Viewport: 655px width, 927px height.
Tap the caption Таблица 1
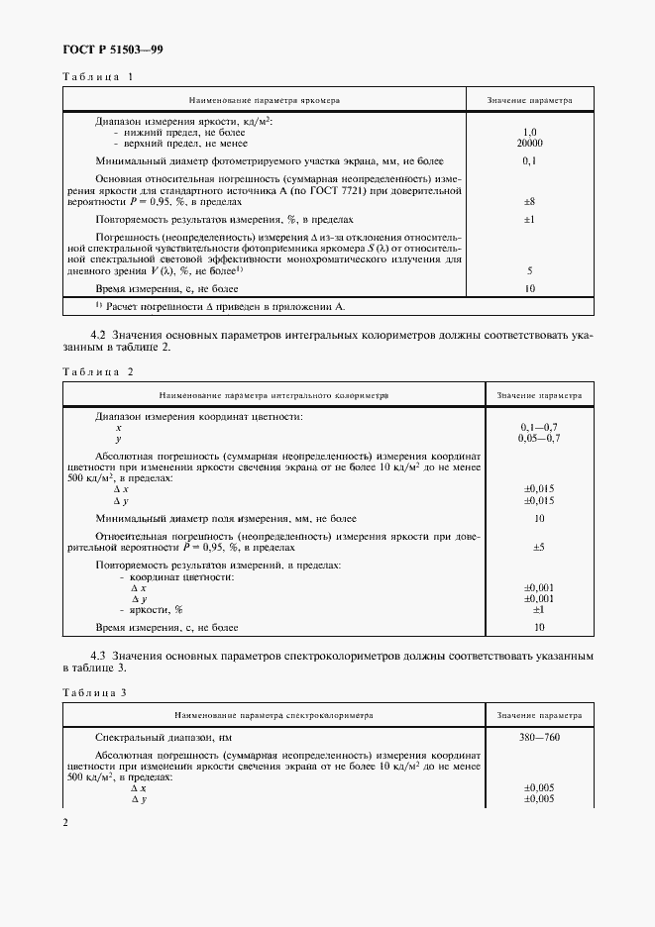pos(97,77)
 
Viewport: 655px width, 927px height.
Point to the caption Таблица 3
pos(97,692)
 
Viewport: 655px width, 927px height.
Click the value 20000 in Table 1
pos(529,143)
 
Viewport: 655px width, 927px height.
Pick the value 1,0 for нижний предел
pos(529,132)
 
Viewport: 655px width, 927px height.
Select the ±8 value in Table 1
pos(529,201)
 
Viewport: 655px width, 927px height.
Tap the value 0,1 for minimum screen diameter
pos(529,160)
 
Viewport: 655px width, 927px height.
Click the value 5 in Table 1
pos(529,270)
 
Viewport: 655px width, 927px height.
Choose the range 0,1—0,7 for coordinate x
pos(539,427)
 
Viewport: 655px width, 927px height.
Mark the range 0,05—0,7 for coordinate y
pos(539,438)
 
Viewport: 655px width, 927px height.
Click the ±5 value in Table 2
pos(539,547)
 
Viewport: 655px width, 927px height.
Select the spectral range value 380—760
pos(539,738)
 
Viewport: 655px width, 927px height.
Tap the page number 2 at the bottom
pos(66,823)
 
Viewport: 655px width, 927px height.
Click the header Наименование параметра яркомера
pos(267,101)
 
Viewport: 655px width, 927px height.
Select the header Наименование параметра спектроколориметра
pos(272,714)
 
